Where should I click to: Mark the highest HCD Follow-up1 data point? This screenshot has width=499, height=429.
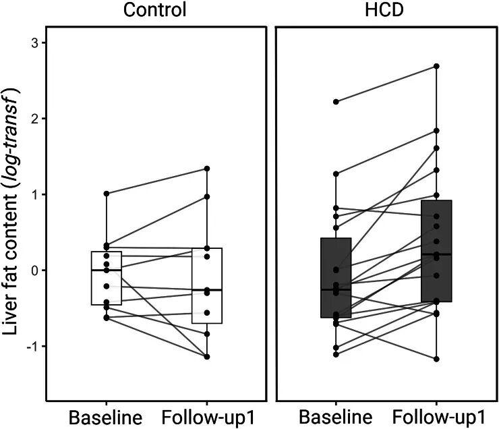click(436, 66)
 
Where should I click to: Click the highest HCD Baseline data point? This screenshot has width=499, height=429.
click(336, 102)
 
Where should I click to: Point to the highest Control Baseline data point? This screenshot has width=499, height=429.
click(107, 194)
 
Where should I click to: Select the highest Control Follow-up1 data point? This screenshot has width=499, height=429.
click(207, 169)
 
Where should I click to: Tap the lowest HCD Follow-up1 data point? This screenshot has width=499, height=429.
click(436, 359)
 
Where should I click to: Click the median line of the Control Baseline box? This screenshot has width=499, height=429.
click(107, 270)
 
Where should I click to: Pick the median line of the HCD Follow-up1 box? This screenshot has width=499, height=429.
click(436, 254)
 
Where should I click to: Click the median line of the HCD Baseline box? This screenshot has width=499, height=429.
click(336, 289)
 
